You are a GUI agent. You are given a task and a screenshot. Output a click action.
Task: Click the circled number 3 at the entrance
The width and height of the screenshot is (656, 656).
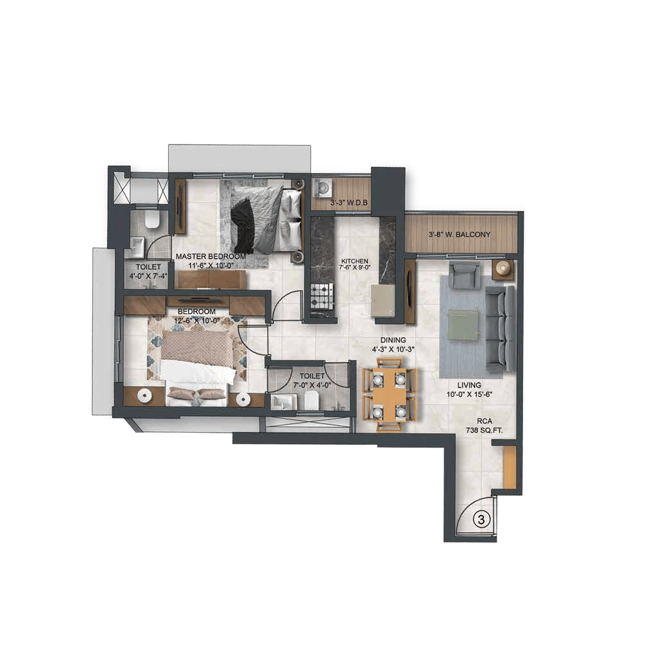481,520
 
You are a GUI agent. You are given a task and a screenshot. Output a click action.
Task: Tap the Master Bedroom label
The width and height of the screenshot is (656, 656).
211,257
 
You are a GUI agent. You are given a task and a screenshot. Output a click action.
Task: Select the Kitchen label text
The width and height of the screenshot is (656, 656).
354,261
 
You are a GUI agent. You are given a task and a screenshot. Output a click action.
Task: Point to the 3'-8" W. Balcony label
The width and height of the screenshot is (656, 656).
460,235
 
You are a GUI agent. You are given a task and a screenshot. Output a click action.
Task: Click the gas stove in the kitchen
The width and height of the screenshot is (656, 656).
322,295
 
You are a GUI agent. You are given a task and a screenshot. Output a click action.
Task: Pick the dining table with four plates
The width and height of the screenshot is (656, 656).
390,393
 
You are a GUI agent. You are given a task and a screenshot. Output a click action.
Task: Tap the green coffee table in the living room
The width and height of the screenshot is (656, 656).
463,324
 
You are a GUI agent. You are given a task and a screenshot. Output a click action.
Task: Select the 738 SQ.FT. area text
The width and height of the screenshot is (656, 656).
484,429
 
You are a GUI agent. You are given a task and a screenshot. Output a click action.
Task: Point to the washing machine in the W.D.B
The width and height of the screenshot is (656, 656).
322,187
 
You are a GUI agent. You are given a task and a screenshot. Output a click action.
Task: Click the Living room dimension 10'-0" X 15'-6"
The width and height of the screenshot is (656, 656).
469,393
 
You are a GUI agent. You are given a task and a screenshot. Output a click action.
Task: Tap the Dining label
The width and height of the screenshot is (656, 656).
393,340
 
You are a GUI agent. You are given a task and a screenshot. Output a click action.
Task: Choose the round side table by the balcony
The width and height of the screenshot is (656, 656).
502,268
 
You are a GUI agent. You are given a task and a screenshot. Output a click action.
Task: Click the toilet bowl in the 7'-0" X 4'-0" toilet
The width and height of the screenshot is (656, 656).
311,401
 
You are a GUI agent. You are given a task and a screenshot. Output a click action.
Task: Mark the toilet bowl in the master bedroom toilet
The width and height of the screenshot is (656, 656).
151,220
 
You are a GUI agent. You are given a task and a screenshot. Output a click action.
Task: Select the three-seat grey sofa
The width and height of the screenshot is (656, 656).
500,328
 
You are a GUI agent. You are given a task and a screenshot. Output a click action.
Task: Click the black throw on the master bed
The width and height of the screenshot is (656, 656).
243,225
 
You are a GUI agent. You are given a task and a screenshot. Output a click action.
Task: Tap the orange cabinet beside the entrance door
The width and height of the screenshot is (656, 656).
510,467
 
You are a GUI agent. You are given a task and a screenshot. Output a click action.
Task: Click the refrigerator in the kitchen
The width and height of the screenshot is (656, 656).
383,300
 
